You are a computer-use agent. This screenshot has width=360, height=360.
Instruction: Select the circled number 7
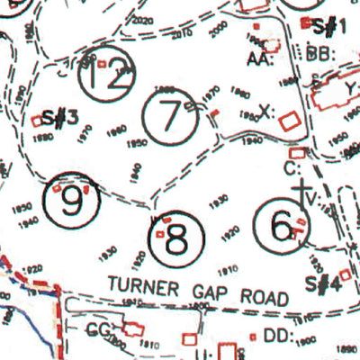coord(168,119)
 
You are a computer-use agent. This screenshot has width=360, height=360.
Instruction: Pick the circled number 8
coord(176,238)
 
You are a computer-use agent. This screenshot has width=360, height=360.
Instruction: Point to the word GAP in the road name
coord(215,292)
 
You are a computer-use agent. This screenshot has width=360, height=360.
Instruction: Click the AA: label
coord(261,59)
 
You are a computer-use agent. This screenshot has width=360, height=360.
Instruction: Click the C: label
coord(290,168)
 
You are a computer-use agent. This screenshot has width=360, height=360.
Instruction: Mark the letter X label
coord(264,112)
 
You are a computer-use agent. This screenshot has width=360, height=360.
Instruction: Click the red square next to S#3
coord(37,119)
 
